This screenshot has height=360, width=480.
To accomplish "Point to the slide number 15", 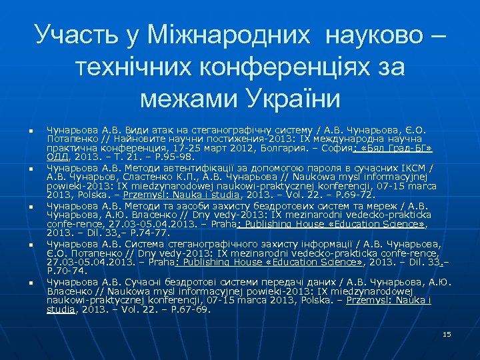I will click(x=447, y=333).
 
